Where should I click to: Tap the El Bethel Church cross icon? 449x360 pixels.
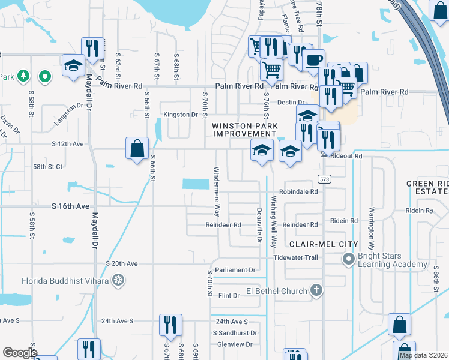coord(316,291)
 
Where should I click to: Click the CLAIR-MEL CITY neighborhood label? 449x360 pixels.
coord(324,244)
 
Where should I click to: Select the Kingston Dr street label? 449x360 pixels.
coord(181,115)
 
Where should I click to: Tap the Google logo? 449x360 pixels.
coord(19,352)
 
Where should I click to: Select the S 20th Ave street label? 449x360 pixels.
coord(122,263)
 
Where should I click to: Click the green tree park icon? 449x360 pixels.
coord(23,76)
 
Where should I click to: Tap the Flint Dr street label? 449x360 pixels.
coord(229,296)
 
